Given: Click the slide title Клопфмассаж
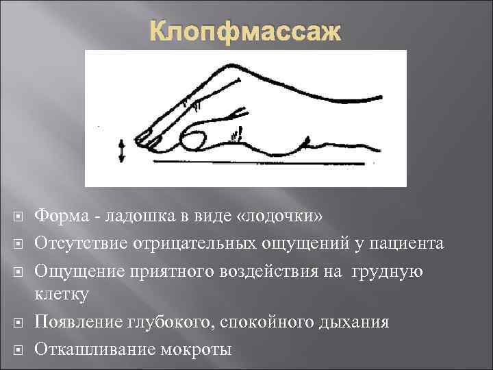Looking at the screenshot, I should point(245,31).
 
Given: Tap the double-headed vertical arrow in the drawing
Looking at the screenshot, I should point(123,150).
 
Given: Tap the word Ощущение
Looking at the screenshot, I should point(74,270).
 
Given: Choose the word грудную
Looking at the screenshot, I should point(388,270).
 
